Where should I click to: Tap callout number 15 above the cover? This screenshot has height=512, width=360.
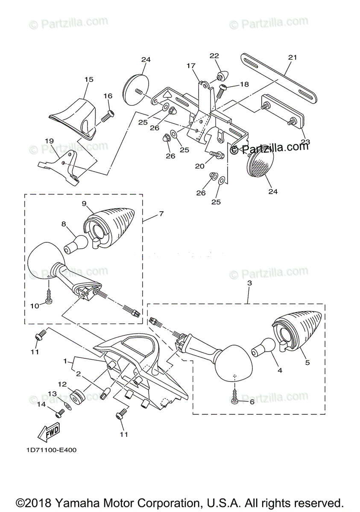tap(88, 79)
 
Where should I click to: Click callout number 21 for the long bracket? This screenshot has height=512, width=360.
tap(292, 57)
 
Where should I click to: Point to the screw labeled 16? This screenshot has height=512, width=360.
tap(108, 114)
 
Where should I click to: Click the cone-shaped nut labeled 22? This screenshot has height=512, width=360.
tap(221, 77)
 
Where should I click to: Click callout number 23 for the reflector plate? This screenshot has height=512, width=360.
tap(306, 142)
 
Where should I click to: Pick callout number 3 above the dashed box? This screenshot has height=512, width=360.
tap(249, 283)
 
